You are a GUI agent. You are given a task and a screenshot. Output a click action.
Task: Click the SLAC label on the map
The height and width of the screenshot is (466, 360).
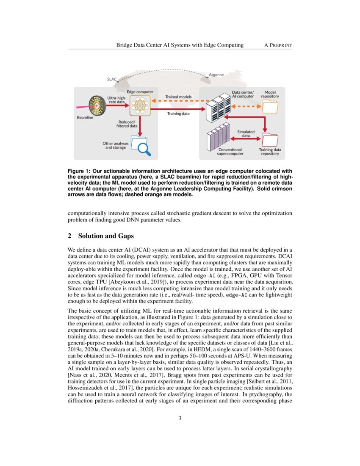tap(112, 79)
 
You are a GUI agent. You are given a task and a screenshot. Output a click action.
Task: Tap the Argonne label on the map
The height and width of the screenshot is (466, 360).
tap(216, 75)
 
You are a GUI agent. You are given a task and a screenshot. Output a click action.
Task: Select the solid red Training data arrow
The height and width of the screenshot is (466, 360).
tap(178, 109)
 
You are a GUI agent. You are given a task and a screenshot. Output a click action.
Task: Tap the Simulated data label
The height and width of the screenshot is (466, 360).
tap(246, 133)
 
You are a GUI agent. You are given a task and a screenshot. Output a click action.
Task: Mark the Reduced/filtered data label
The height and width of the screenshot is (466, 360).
tap(127, 124)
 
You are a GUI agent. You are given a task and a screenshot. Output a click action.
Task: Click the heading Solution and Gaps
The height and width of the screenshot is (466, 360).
tap(106, 236)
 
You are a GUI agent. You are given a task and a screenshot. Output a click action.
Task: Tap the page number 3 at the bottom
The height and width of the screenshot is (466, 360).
tap(180, 419)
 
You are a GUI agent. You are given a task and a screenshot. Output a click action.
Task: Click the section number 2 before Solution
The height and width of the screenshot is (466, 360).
tap(69, 236)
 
